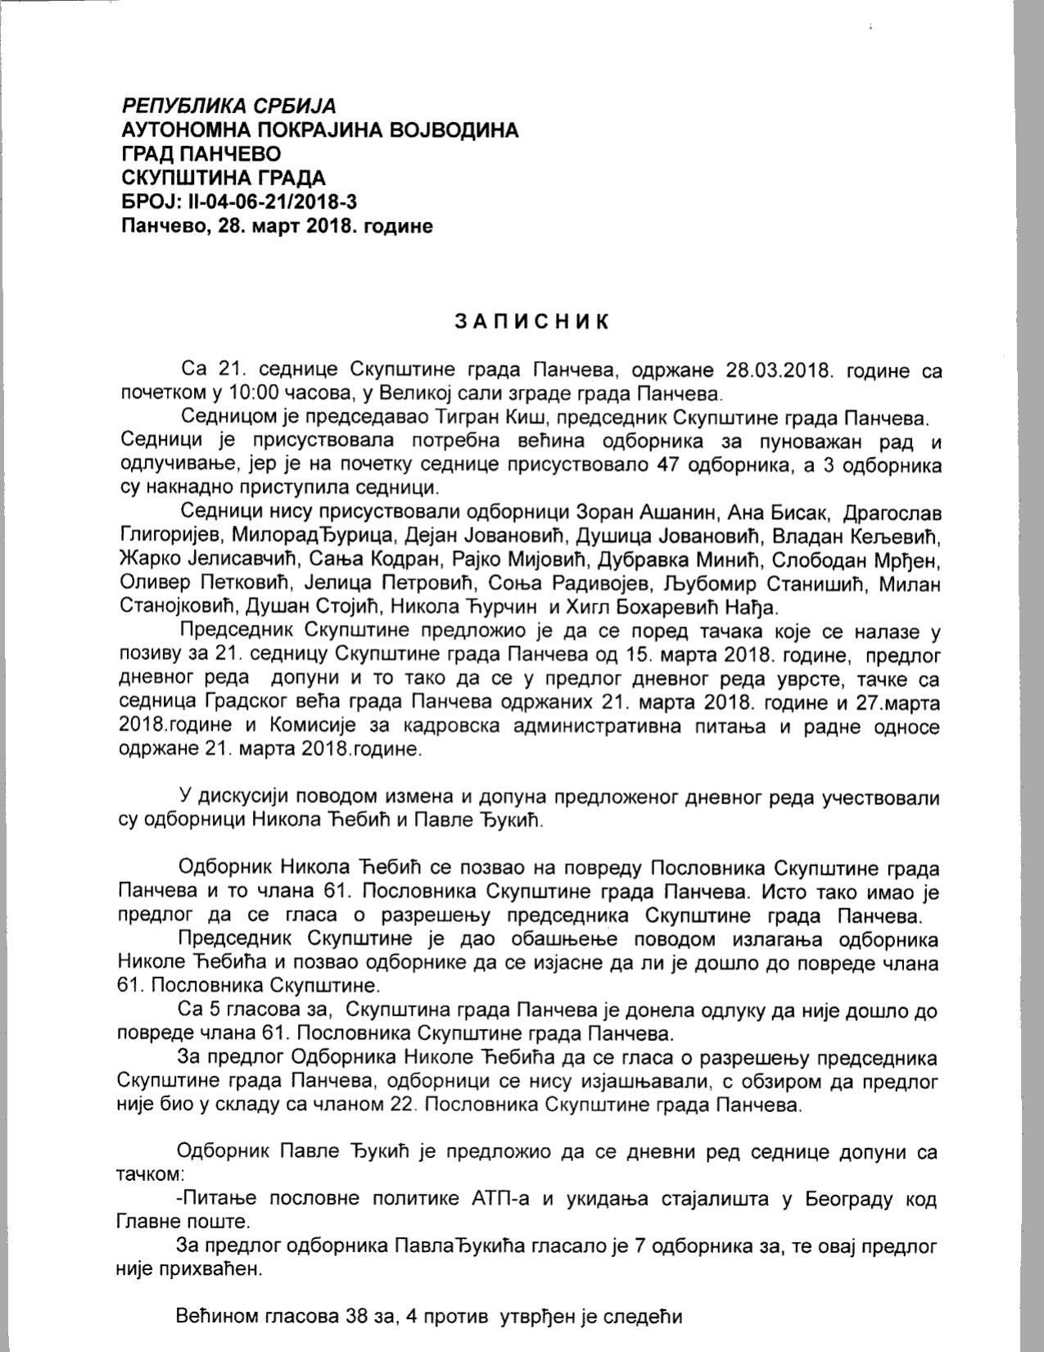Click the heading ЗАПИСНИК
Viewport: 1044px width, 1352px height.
tap(532, 321)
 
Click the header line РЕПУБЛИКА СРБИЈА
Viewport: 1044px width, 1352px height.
tap(228, 106)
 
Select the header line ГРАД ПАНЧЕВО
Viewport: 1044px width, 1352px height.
tap(201, 154)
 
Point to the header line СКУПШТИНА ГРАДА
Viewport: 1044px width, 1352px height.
tap(223, 178)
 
